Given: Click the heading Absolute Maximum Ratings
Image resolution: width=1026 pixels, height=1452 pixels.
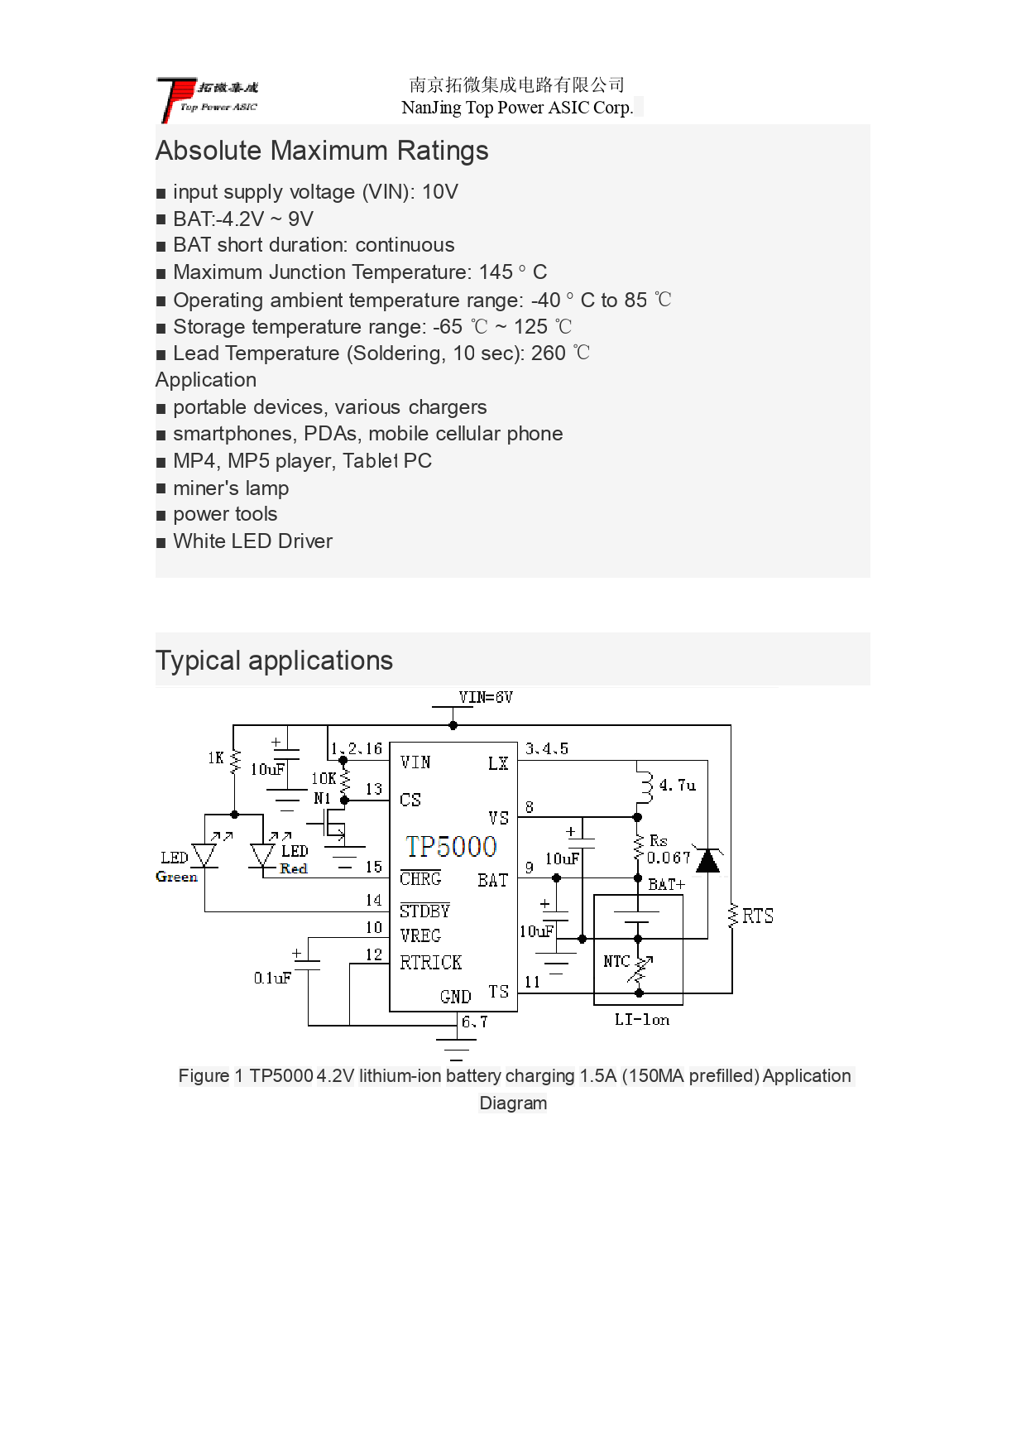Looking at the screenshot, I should coord(322,151).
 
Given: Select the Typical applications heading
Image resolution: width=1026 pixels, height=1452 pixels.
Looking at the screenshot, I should coord(274,661).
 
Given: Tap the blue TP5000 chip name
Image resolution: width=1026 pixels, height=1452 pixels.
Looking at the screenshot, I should coord(451,846).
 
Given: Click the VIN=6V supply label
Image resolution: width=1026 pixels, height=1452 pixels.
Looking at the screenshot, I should coord(486,698).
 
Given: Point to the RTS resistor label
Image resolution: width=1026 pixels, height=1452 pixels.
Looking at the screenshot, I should coord(757,916).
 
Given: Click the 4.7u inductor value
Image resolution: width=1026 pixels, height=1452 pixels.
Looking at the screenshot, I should coord(677,785).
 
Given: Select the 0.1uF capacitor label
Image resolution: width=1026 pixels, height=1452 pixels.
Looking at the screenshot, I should coord(272,978).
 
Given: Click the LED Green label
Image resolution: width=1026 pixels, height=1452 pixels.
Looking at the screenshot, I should coord(176,867).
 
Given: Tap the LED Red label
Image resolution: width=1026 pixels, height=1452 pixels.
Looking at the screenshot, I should coord(294,859).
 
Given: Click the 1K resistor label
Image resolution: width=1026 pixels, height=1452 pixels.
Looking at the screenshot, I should coord(215,757).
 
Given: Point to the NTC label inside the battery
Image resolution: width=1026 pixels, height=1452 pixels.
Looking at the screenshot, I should coord(616,961).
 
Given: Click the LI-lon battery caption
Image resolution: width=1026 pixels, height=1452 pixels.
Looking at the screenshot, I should coord(641,1020).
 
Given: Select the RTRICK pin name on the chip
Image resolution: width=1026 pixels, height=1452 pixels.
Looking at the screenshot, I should coord(430,963).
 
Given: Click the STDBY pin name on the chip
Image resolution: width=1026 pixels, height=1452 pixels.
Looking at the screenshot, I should coord(424,911).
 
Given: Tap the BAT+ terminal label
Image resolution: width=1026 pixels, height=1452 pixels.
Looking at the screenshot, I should coord(666,884).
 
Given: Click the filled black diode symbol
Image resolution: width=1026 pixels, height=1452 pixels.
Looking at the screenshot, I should coord(707,860).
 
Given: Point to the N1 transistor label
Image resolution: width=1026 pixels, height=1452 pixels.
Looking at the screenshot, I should coord(322,799).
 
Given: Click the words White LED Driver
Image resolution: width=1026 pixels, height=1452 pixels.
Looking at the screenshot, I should coord(252,541).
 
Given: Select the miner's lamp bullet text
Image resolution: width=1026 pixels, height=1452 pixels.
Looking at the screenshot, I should coord(231,488).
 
